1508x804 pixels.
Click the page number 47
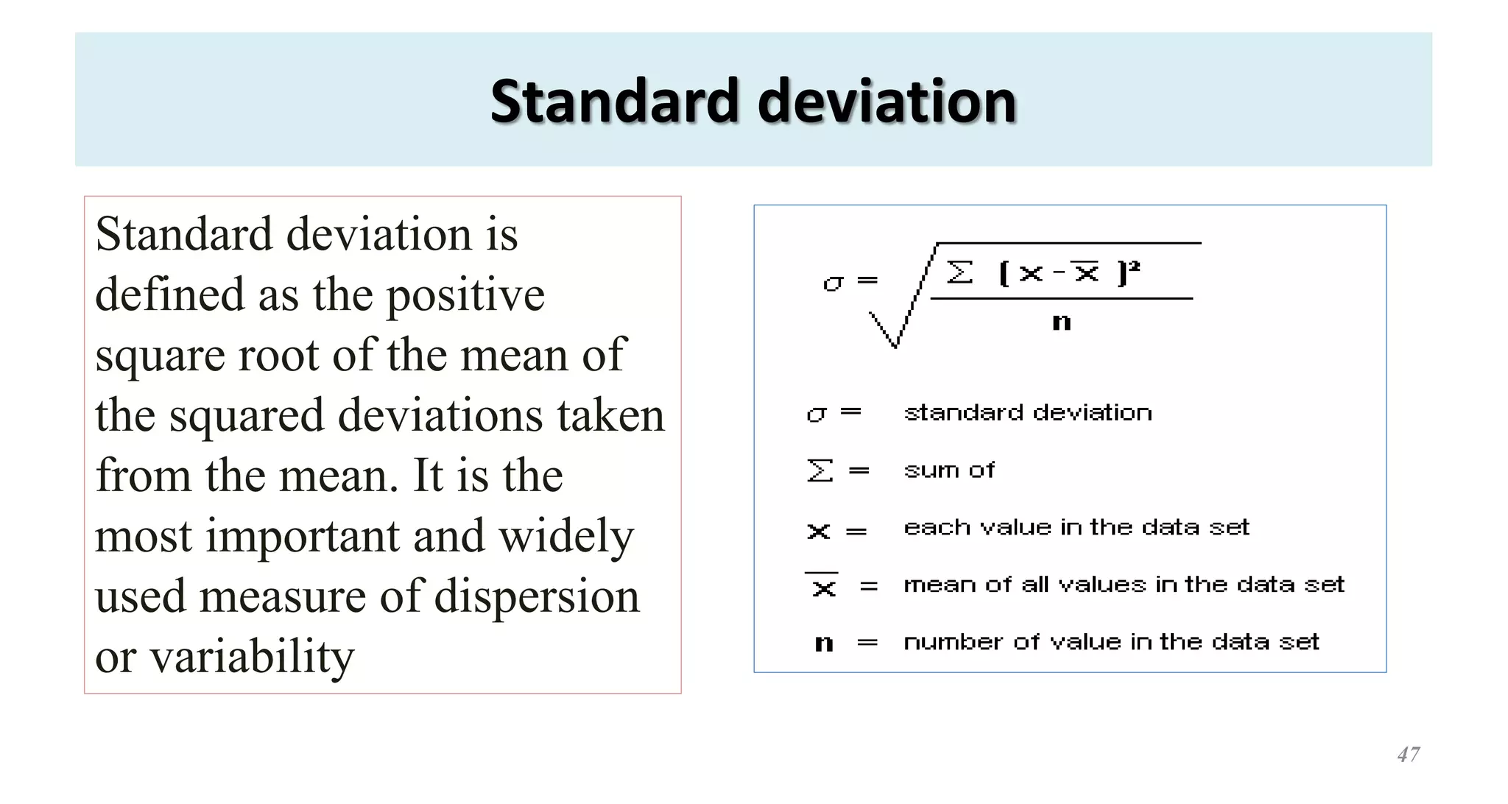click(1408, 755)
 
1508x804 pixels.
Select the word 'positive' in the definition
click(465, 295)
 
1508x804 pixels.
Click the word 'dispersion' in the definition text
click(537, 596)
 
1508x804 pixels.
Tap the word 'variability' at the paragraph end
click(253, 657)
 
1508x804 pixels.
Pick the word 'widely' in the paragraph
click(566, 536)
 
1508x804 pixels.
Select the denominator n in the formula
click(1061, 322)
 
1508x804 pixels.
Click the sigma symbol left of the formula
click(833, 282)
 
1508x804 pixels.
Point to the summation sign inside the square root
click(959, 273)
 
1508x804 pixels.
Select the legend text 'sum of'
click(949, 470)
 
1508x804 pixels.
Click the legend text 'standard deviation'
click(1028, 413)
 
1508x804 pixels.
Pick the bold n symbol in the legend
click(824, 644)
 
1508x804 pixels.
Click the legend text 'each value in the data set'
click(1077, 528)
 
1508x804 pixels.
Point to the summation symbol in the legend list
click(820, 470)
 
